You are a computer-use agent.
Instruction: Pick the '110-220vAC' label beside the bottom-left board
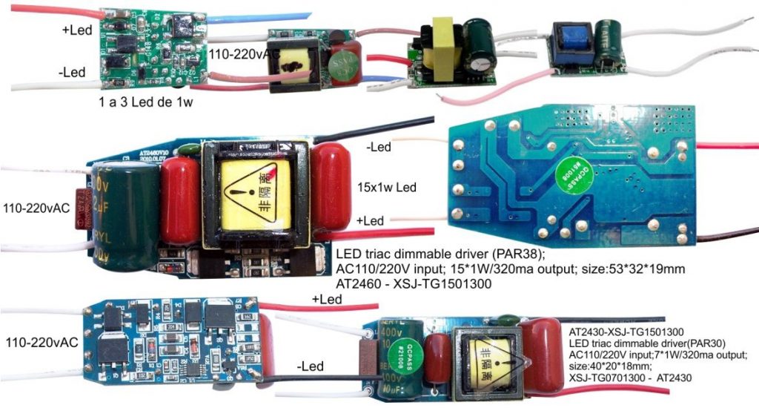[42, 343]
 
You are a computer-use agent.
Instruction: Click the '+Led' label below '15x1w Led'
[371, 220]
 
